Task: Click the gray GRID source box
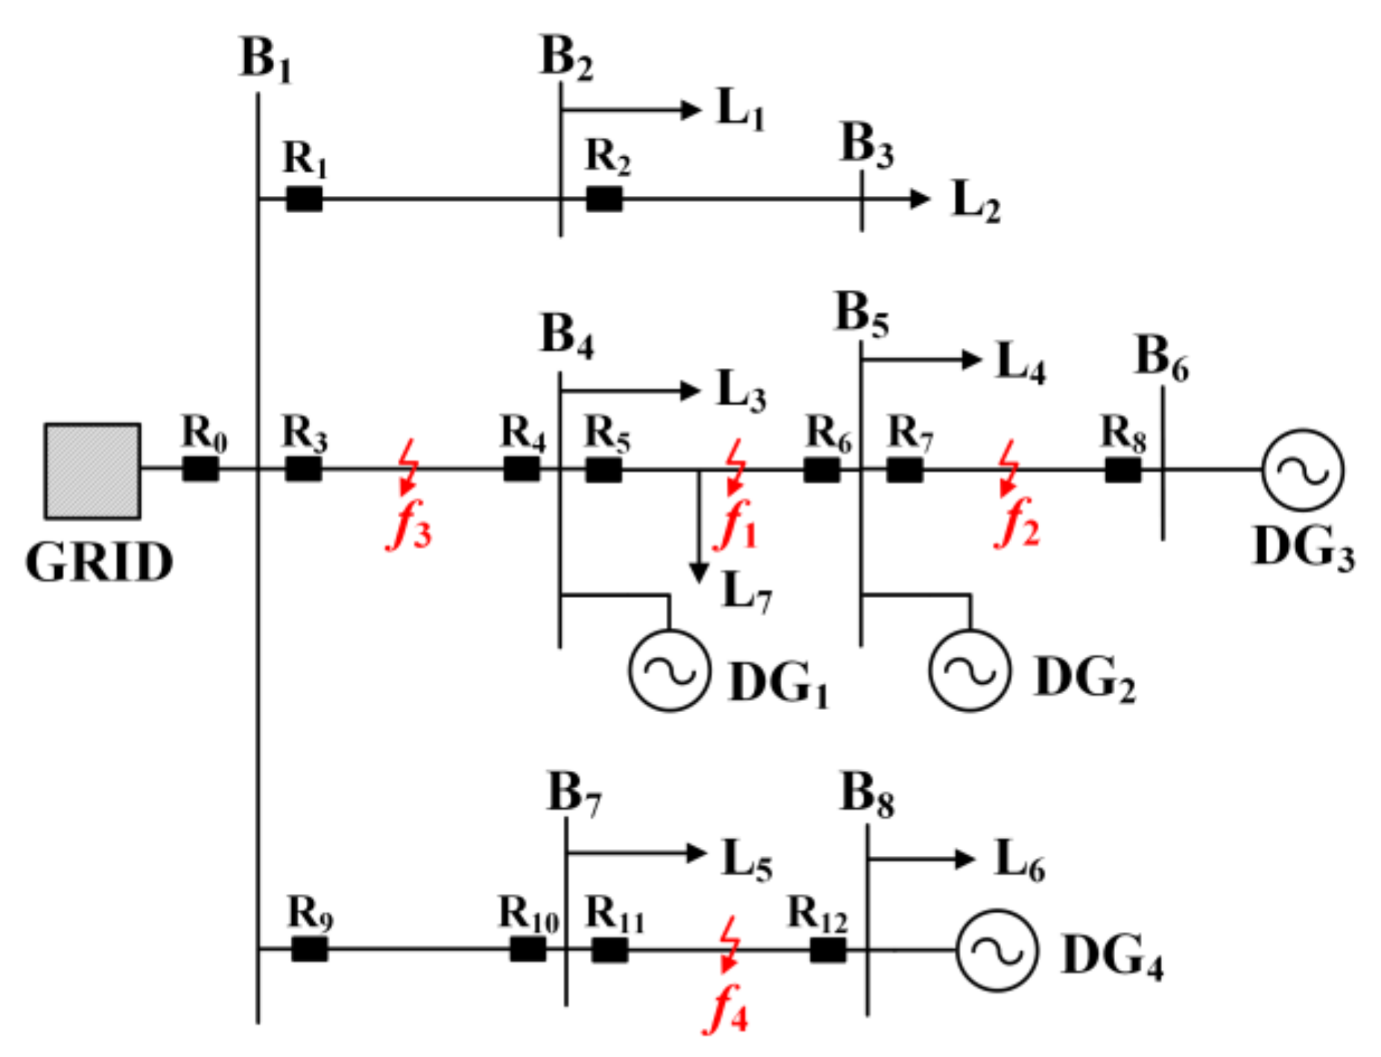tap(92, 471)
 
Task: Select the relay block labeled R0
tap(200, 469)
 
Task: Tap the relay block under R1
tap(304, 199)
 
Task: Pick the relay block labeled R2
tap(604, 199)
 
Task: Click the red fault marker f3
tap(407, 468)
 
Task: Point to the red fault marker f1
tap(736, 468)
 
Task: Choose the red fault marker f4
tap(729, 945)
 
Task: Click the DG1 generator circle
tap(669, 670)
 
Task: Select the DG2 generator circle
tap(970, 670)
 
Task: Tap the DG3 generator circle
tap(1303, 470)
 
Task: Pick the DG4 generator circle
tap(997, 950)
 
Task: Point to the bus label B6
tap(1161, 358)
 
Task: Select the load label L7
tap(746, 592)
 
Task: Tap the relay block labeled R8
tap(1123, 470)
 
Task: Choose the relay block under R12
tap(828, 950)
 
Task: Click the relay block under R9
tap(309, 949)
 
